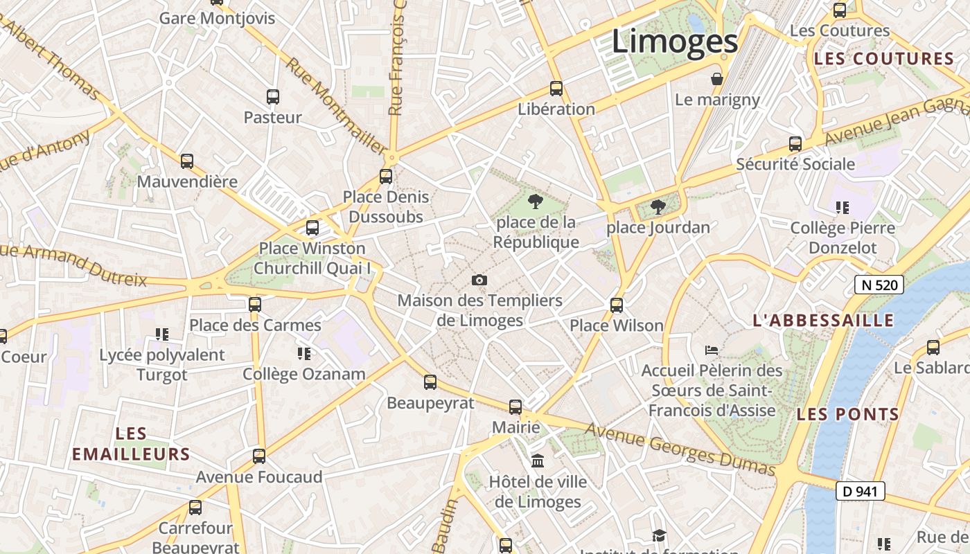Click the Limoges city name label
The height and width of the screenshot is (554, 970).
(x=675, y=42)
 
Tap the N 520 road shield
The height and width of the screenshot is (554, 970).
(x=879, y=285)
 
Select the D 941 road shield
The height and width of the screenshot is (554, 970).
(x=861, y=491)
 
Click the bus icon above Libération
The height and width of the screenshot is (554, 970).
(x=556, y=89)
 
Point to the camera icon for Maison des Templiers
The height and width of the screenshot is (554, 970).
(x=479, y=280)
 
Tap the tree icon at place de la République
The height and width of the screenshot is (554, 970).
(x=535, y=202)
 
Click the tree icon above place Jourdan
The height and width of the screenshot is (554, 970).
(x=658, y=206)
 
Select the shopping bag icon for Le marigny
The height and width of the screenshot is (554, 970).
(x=717, y=79)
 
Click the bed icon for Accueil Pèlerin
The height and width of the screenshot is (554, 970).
(x=712, y=350)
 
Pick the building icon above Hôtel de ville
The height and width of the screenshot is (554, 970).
(x=538, y=461)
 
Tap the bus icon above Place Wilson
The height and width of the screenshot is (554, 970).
(x=617, y=305)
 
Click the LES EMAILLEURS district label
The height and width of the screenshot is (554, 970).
(x=131, y=444)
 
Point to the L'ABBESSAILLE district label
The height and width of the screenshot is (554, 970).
(x=823, y=320)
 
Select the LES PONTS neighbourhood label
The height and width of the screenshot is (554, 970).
(x=848, y=414)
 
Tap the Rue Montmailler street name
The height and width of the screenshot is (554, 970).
(x=337, y=106)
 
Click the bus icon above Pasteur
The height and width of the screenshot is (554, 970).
(x=273, y=97)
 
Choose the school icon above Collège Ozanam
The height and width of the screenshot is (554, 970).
(x=303, y=354)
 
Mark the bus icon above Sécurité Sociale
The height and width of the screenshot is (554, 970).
(x=795, y=144)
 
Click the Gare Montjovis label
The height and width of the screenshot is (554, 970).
(x=217, y=18)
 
